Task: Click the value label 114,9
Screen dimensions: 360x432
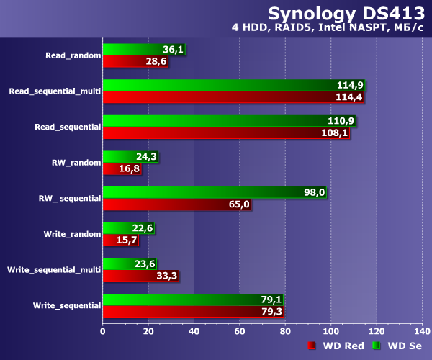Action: point(349,85)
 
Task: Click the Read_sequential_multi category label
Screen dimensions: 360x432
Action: point(54,91)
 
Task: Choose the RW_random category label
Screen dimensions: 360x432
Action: point(76,163)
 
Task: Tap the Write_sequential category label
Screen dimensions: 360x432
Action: point(66,305)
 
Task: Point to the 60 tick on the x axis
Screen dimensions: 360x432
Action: point(239,331)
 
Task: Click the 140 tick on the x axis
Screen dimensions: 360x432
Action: point(420,331)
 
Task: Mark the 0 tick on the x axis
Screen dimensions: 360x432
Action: point(103,331)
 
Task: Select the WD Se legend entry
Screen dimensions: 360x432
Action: point(397,346)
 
